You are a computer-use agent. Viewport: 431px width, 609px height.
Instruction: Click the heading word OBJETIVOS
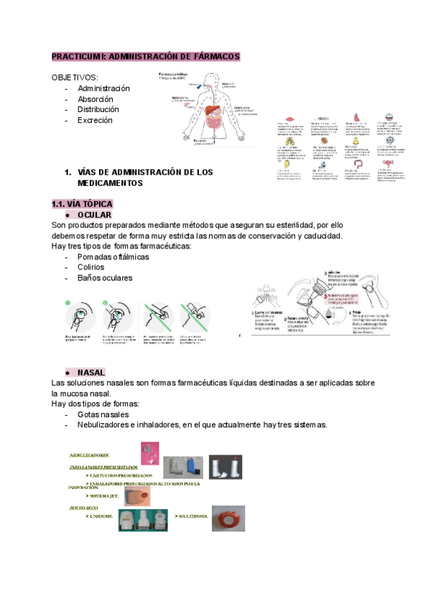tap(75, 78)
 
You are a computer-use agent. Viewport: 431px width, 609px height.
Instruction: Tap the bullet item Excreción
tap(96, 121)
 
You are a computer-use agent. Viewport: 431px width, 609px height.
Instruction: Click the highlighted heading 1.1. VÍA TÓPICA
tap(82, 204)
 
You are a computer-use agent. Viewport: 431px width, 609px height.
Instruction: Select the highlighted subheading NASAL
tap(91, 373)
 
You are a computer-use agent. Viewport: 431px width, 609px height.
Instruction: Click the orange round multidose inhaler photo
tap(230, 519)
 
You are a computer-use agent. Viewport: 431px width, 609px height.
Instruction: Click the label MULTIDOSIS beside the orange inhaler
tap(191, 517)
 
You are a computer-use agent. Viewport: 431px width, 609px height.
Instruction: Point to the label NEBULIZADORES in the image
tap(89, 455)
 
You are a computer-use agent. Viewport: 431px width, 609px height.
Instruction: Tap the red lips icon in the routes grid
tap(289, 120)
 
